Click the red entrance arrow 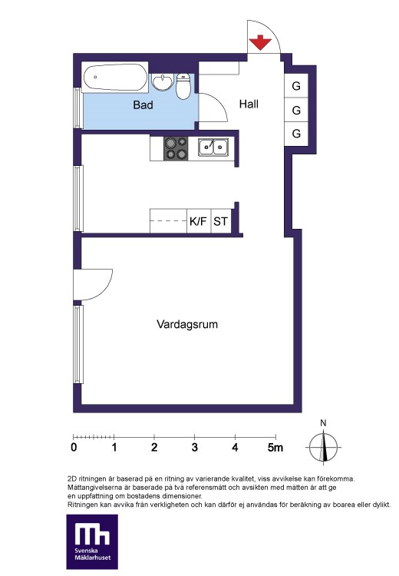tap(260, 42)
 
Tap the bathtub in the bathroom tap(115, 77)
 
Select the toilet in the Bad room tap(183, 86)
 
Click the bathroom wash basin tap(162, 82)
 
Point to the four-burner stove tap(176, 148)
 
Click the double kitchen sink tap(213, 147)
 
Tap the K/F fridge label tap(198, 221)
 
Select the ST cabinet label tap(221, 221)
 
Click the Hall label tap(249, 104)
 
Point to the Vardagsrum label tap(187, 324)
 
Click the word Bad tap(143, 105)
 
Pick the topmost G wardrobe tap(296, 86)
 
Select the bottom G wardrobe tap(296, 134)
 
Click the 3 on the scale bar tap(195, 447)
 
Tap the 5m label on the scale tap(275, 447)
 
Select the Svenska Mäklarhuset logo tap(92, 542)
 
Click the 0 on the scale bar tap(74, 447)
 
